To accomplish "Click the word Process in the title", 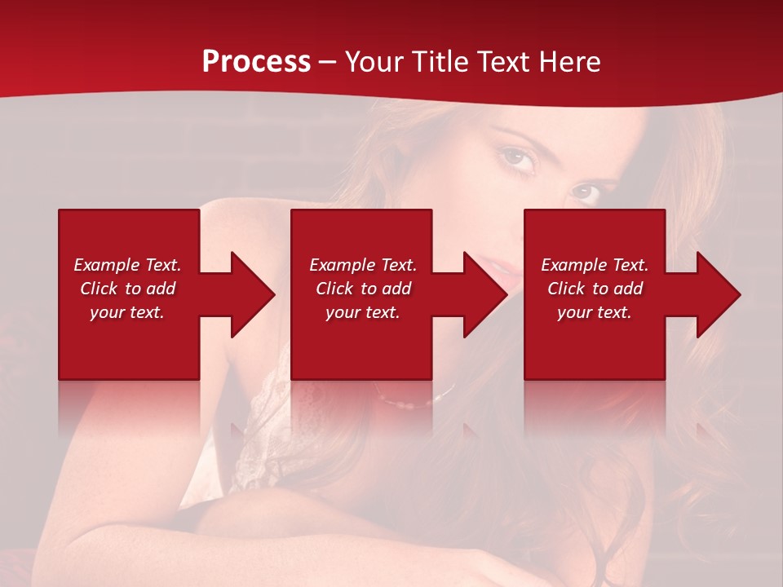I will coord(256,61).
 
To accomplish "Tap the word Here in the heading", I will coord(568,61).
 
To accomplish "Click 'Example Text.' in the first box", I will coord(127,265).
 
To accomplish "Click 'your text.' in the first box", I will coord(127,312).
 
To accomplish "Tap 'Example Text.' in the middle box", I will coord(363,265).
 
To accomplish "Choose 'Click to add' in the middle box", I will coord(363,289).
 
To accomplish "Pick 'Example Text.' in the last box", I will coord(595,265).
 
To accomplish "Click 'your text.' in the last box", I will coord(595,312).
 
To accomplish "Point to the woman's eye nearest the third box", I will coord(584,192).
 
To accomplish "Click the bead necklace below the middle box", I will coord(412,402).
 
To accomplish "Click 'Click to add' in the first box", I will coord(127,289).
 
